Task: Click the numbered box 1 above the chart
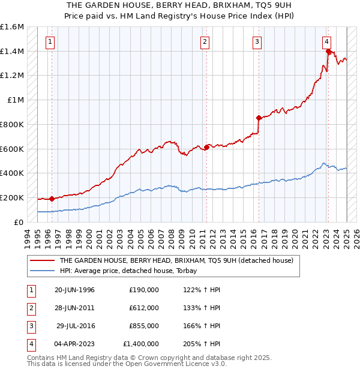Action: (x=50, y=41)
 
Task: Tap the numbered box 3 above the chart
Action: (x=257, y=41)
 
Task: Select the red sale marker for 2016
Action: (x=259, y=118)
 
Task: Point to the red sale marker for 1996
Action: (x=52, y=199)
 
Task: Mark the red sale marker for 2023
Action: (x=328, y=52)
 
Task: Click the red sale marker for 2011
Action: (x=206, y=147)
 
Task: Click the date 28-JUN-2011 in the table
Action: (x=74, y=308)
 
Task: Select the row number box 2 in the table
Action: (x=29, y=308)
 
